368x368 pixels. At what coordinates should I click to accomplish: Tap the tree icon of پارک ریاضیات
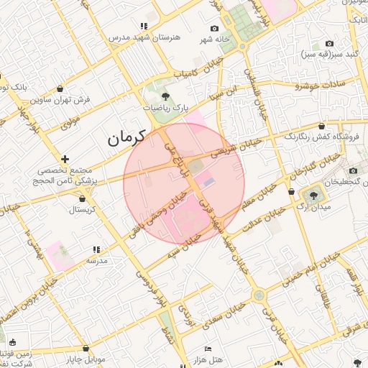165,95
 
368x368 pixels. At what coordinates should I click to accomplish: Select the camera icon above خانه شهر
214,27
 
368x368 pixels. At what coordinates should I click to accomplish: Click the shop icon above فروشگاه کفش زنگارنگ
331,125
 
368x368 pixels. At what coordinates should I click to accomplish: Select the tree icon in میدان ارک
313,194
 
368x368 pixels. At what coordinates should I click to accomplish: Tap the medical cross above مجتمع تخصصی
65,159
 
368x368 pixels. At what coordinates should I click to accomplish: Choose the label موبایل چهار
86,358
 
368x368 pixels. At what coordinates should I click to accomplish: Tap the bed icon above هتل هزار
207,349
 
